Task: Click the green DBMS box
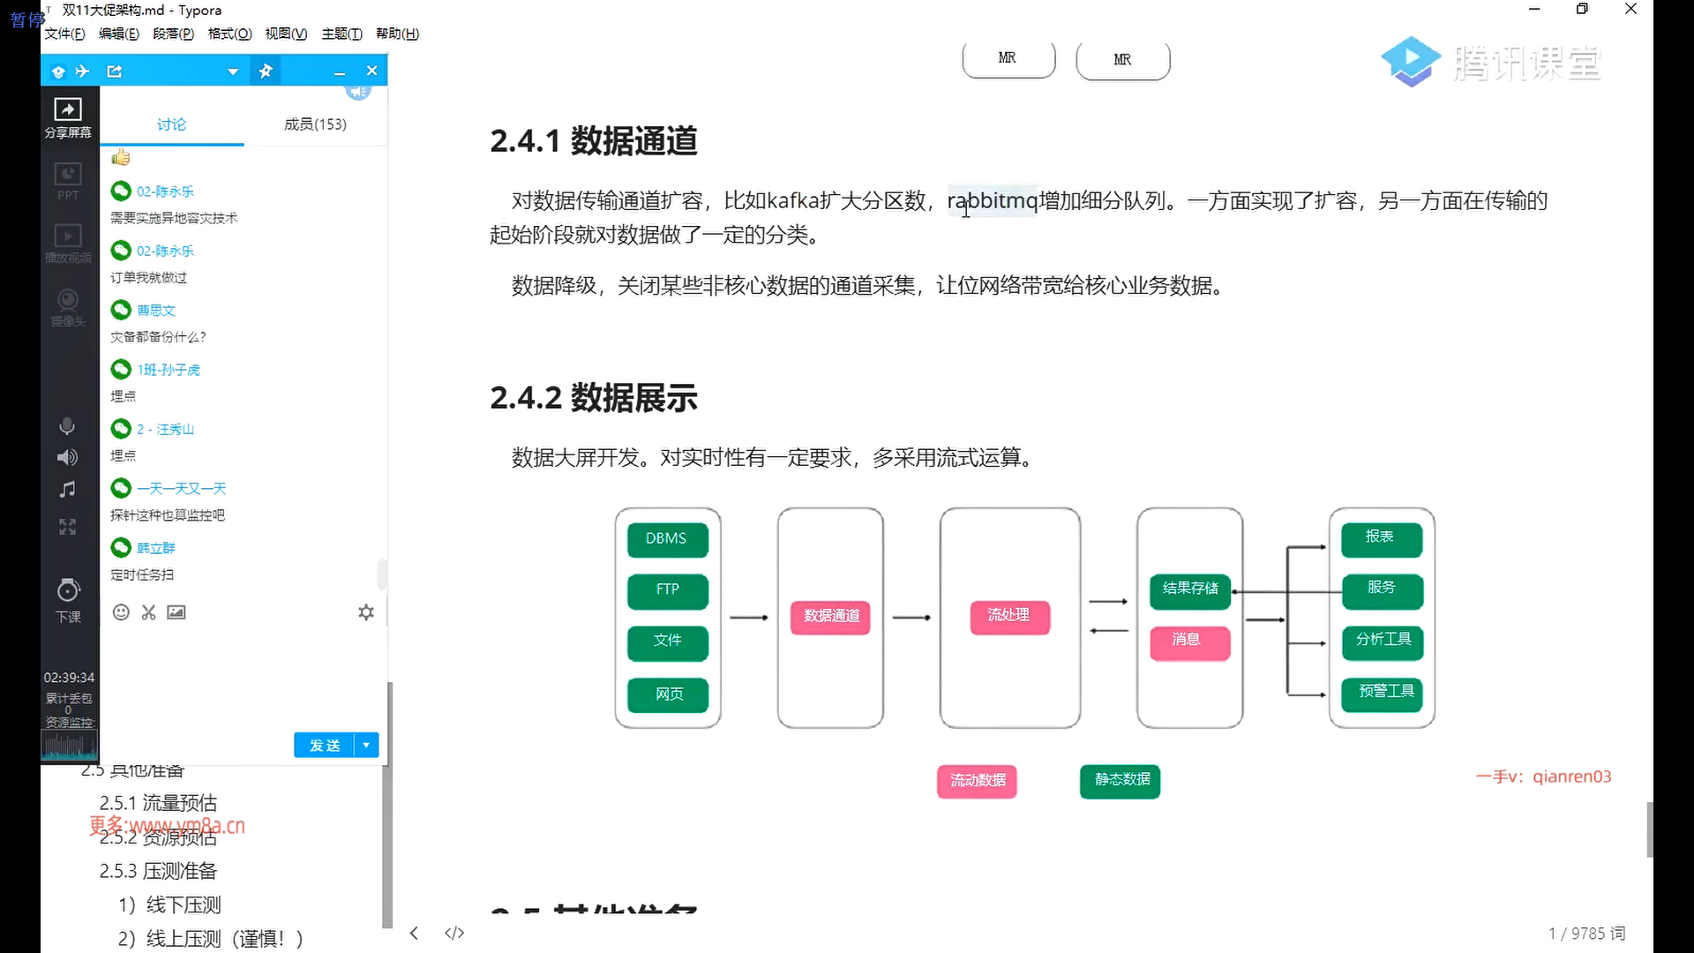667,539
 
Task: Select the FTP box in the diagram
667,590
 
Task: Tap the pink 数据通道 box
831,616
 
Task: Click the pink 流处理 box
1009,616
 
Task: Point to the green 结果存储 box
1190,589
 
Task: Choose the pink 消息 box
1189,641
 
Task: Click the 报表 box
1381,538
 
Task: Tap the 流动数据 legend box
977,781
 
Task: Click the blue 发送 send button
325,746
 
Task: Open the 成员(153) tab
315,124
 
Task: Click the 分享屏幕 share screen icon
68,117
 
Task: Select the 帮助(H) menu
397,34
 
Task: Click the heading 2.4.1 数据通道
594,141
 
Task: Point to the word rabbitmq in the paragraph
993,201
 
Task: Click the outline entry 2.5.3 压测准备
158,871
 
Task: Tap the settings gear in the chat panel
366,612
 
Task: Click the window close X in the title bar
1630,10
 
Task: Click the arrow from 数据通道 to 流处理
911,618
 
